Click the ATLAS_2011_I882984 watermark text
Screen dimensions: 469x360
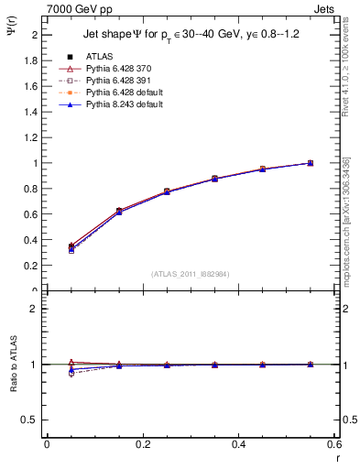pyautogui.click(x=191, y=273)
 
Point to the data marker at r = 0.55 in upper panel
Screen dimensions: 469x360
pyautogui.click(x=311, y=163)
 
